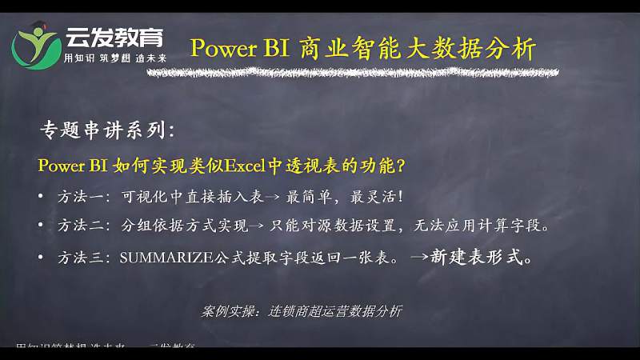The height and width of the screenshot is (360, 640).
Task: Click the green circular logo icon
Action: tap(36, 46)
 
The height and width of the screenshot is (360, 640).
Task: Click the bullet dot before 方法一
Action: tap(42, 197)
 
